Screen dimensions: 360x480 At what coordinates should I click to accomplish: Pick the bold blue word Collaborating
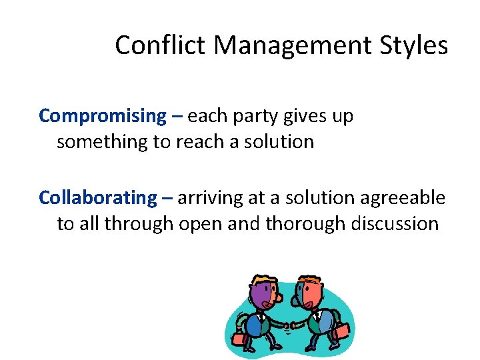[x=97, y=198]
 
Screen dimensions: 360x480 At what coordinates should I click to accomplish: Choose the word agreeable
[x=403, y=198]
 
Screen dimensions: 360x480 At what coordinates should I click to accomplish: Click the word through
[x=139, y=224]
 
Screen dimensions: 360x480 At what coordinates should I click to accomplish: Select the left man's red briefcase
[x=239, y=341]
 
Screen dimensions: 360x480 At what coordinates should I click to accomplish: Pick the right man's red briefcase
[x=341, y=329]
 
